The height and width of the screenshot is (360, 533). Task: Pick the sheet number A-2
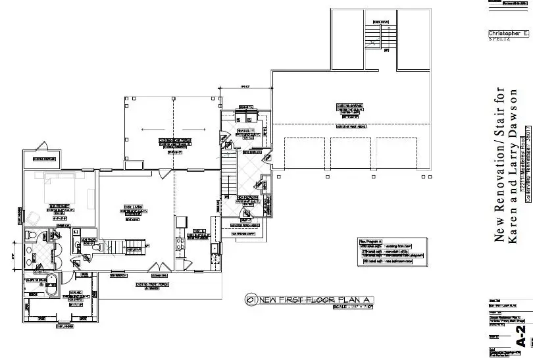point(521,338)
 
